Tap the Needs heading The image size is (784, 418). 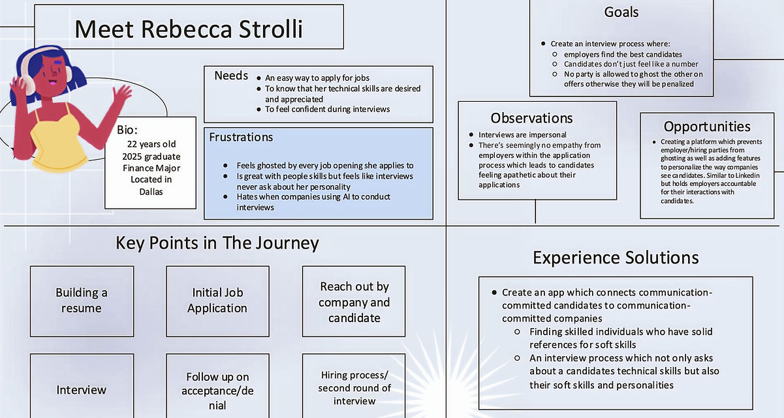(x=231, y=76)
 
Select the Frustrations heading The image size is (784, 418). (x=241, y=137)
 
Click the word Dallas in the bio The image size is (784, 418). (x=151, y=192)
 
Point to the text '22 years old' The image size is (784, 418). (x=151, y=144)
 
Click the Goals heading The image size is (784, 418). (x=621, y=12)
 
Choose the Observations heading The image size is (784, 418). (x=531, y=118)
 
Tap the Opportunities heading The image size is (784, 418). (x=707, y=127)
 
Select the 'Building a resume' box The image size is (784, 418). (x=82, y=301)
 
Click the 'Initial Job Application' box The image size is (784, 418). (x=217, y=301)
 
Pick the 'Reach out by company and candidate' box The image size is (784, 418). (x=354, y=301)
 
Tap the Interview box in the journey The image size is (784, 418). (x=82, y=386)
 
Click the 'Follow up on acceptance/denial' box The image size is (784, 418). (x=217, y=386)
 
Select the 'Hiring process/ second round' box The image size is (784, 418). (x=354, y=386)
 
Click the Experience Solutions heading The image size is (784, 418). (x=616, y=258)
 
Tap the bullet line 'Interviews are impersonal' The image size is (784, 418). (x=522, y=135)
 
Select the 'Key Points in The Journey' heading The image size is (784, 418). (x=217, y=243)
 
